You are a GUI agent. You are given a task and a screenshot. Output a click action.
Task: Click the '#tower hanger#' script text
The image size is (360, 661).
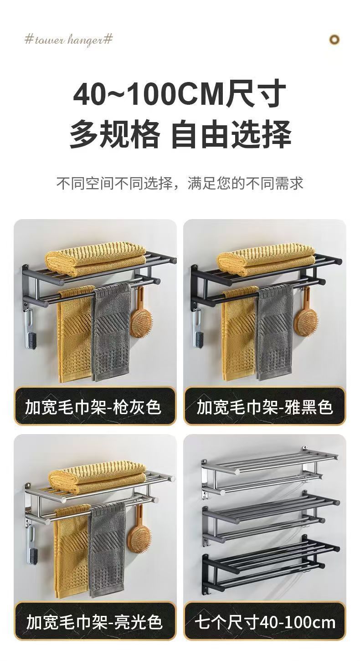68,39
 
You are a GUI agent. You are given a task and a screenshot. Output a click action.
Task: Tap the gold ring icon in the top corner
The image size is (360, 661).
334,40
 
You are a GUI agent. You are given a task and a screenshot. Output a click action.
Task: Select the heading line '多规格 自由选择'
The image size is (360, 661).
180,134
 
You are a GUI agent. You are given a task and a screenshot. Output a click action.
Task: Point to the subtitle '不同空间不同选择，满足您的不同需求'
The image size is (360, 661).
180,183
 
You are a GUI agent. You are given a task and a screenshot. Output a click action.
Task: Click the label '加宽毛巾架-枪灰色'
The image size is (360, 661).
93,407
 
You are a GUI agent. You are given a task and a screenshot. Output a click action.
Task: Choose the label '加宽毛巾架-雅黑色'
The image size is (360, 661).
265,407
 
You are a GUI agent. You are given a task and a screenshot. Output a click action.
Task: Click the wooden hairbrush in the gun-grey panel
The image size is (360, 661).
141,316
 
